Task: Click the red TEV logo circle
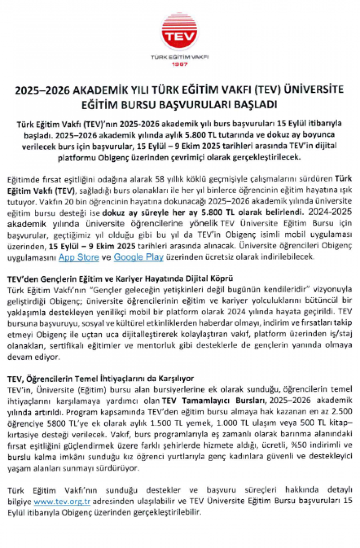pyautogui.click(x=180, y=33)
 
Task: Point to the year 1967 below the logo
pyautogui.click(x=180, y=64)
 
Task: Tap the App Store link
pyautogui.click(x=78, y=257)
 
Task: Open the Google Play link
pyautogui.click(x=138, y=257)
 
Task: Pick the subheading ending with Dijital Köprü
pyautogui.click(x=120, y=278)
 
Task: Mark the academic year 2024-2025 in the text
pyautogui.click(x=328, y=212)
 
